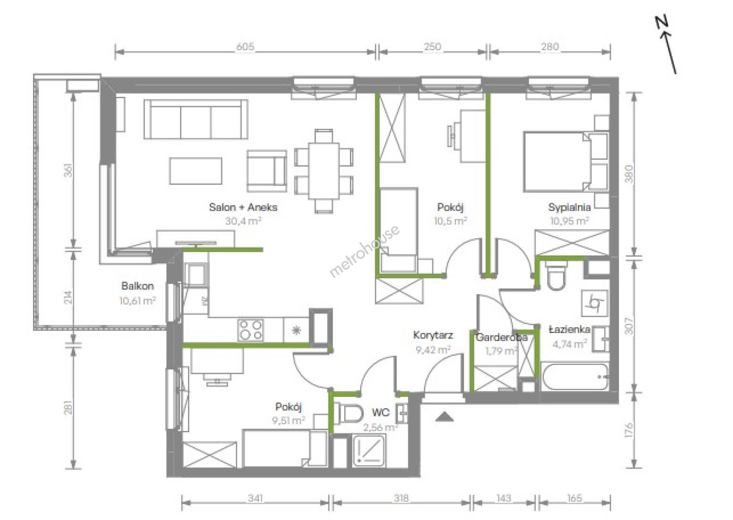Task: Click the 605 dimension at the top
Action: click(x=245, y=47)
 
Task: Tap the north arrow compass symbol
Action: click(x=666, y=45)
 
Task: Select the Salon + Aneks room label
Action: click(x=243, y=207)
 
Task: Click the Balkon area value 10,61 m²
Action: click(x=137, y=300)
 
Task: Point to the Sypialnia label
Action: click(x=569, y=207)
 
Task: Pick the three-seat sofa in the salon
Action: click(x=196, y=119)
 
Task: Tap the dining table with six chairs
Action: click(x=324, y=171)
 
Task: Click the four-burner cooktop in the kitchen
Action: click(x=250, y=330)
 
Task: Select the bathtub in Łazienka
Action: click(x=575, y=377)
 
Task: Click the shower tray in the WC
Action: click(x=369, y=451)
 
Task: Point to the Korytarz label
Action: click(x=433, y=335)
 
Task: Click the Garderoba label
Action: click(x=502, y=338)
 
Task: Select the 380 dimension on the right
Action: click(x=629, y=174)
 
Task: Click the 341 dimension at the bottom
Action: click(x=255, y=498)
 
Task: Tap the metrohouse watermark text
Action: click(x=364, y=251)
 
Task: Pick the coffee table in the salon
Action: click(x=196, y=171)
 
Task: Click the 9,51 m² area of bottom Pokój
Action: click(x=289, y=420)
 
